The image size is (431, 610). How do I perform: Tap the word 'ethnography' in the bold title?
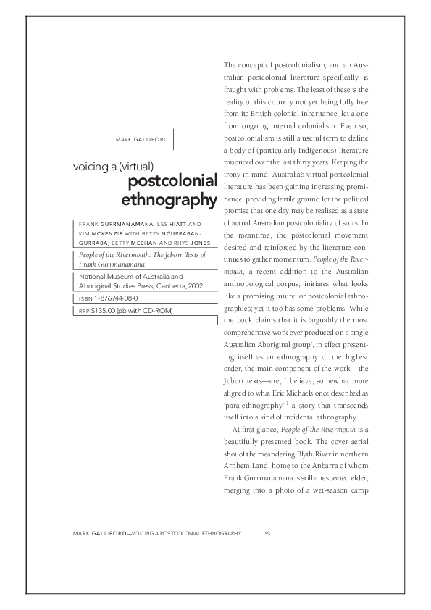tap(170, 199)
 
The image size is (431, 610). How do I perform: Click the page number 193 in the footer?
tap(266, 532)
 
